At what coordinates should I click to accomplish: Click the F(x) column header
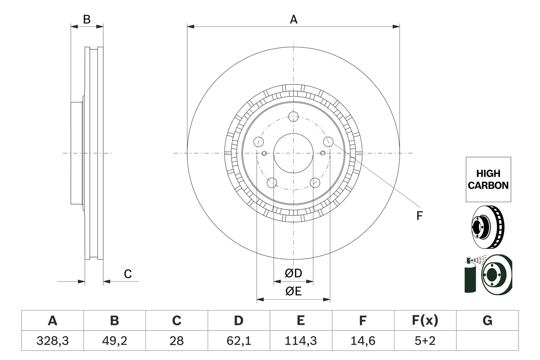tap(425, 321)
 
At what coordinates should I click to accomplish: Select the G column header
tap(487, 321)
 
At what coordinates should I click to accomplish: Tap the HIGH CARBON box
tap(488, 179)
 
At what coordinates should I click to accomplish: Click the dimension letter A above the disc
tap(293, 19)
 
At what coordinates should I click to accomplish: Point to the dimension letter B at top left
tap(86, 19)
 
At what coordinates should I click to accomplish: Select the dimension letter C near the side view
tap(128, 274)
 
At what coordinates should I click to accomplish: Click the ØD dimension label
tap(293, 273)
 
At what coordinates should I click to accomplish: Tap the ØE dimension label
tap(293, 292)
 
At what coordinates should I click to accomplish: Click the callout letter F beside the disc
tap(419, 216)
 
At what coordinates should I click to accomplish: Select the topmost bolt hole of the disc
tap(293, 116)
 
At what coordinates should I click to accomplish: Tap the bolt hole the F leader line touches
tap(328, 141)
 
